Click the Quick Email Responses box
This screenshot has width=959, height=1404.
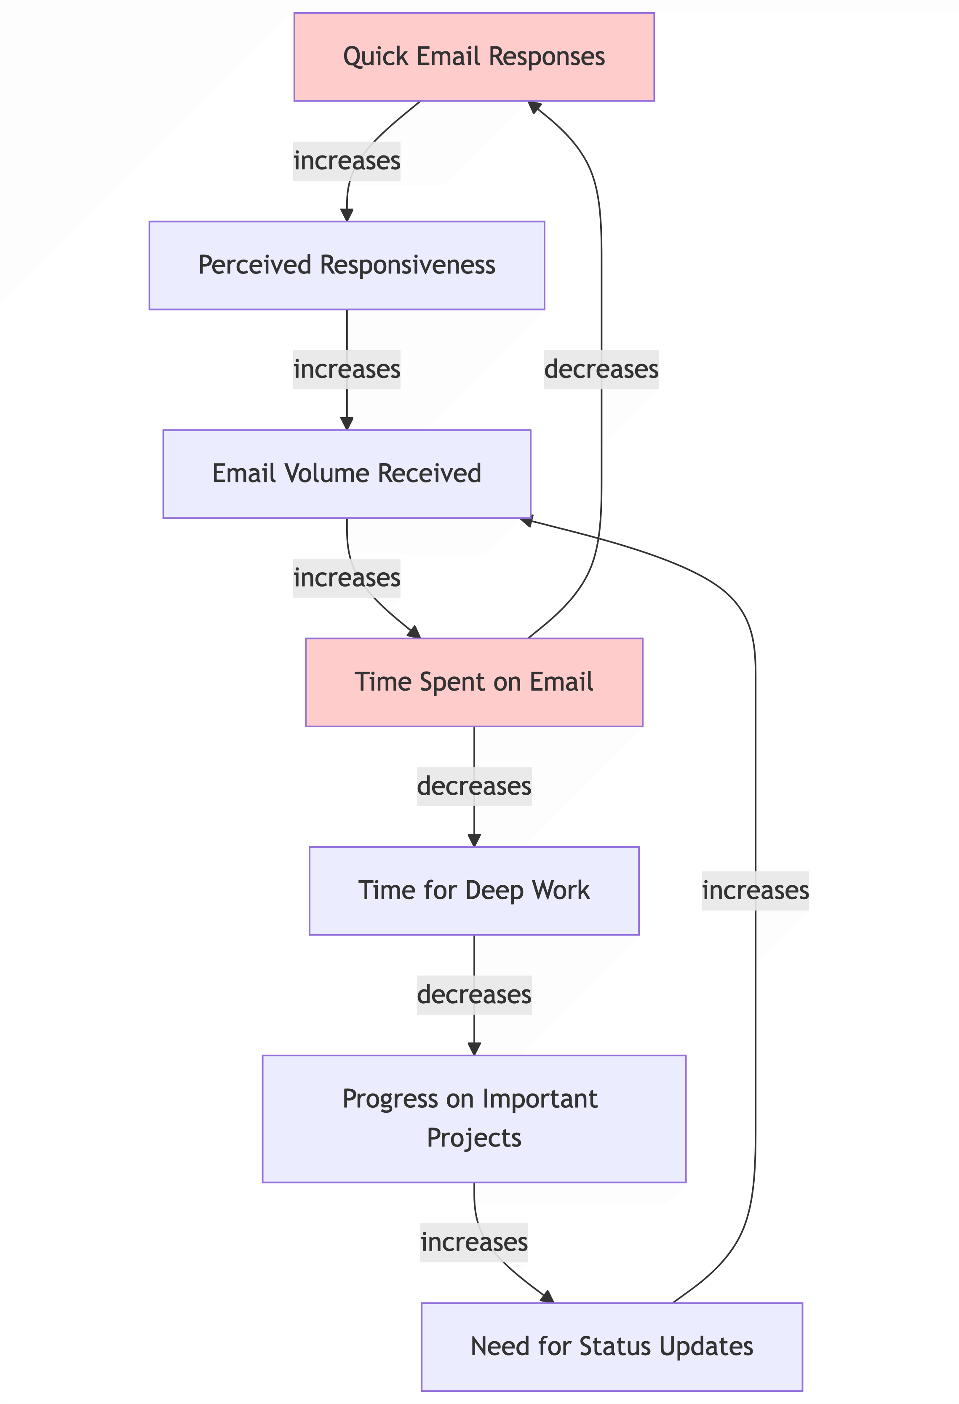pyautogui.click(x=474, y=57)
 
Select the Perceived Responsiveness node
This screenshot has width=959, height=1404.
pyautogui.click(x=347, y=265)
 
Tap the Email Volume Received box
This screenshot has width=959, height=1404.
pyautogui.click(x=347, y=474)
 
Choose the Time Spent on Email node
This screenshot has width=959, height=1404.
pyautogui.click(x=474, y=682)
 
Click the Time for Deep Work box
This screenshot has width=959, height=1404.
pyautogui.click(x=474, y=890)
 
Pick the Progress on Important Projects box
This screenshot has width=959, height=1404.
pyautogui.click(x=474, y=1118)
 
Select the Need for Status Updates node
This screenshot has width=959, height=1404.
pyautogui.click(x=612, y=1347)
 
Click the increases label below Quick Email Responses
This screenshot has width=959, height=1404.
pyautogui.click(x=347, y=161)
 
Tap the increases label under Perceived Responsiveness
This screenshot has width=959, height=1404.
pyautogui.click(x=347, y=369)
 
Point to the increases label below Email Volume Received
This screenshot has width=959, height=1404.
pyautogui.click(x=347, y=578)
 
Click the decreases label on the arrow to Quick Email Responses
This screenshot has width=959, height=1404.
pyautogui.click(x=601, y=369)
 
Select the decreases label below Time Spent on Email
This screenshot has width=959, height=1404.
pyautogui.click(x=474, y=786)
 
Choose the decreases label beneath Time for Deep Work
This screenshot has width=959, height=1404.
pyautogui.click(x=474, y=994)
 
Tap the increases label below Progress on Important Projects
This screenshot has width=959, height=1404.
pyautogui.click(x=474, y=1242)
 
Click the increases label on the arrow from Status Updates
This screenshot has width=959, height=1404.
pyautogui.click(x=755, y=890)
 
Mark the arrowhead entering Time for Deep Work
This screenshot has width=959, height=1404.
pyautogui.click(x=474, y=840)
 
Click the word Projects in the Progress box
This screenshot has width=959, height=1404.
pyautogui.click(x=474, y=1138)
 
